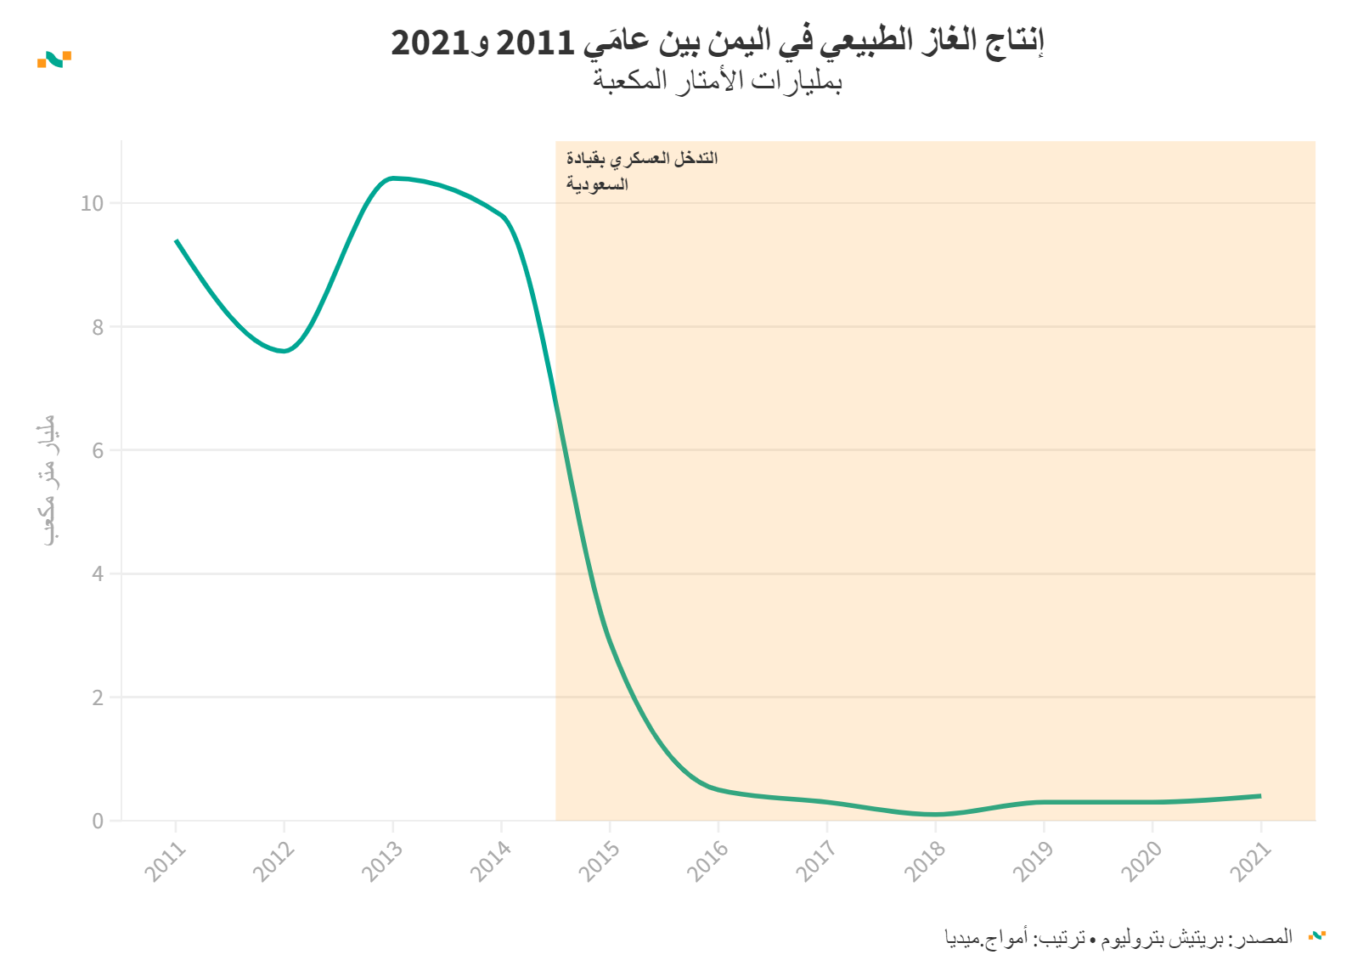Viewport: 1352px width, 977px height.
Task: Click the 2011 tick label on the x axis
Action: (x=165, y=861)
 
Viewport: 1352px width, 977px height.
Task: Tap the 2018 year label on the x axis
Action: (x=924, y=861)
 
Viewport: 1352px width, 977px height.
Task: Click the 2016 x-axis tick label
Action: (x=707, y=861)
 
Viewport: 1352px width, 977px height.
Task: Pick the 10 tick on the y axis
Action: (x=92, y=204)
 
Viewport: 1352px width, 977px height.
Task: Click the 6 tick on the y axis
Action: (x=99, y=451)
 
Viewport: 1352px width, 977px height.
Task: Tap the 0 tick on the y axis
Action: (x=99, y=822)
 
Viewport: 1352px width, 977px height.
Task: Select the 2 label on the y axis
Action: (x=99, y=698)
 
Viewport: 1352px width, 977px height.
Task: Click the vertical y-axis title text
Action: (x=48, y=480)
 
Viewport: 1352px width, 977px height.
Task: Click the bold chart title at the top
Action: (x=717, y=42)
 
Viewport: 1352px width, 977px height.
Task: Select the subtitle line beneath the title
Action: (x=717, y=82)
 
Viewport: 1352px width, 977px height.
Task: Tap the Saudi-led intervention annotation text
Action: (x=641, y=171)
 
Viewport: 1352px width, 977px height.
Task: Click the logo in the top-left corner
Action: (x=54, y=59)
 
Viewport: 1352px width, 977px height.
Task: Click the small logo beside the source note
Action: (x=1317, y=936)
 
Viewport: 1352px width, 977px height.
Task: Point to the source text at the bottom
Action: (x=1118, y=938)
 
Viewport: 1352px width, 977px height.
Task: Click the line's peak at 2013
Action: (x=392, y=178)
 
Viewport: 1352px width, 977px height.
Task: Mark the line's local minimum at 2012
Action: (x=284, y=351)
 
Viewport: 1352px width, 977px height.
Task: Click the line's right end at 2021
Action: (x=1260, y=796)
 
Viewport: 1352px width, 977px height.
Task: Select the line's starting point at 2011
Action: (x=177, y=241)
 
